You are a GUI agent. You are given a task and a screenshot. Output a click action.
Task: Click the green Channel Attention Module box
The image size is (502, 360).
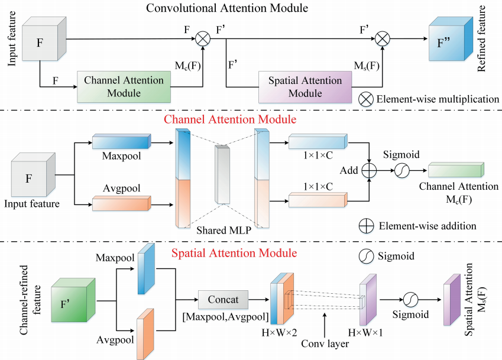[x=124, y=87]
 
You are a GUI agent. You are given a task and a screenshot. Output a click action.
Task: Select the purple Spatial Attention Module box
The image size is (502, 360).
[x=305, y=87]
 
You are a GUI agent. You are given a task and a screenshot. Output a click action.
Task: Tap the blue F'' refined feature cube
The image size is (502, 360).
[x=451, y=39]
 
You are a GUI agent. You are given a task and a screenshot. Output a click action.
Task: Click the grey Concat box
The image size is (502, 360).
[x=223, y=300]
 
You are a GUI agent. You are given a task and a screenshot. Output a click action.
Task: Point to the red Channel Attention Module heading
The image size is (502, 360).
[x=230, y=119]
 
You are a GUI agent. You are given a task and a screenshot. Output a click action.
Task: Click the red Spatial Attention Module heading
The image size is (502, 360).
[x=234, y=253]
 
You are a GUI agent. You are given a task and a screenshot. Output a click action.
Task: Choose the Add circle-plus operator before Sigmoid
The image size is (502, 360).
[x=369, y=170]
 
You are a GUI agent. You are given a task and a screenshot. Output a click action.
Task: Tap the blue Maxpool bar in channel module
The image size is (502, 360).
[x=121, y=141]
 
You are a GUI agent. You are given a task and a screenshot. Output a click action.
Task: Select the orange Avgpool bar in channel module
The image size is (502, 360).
[x=121, y=203]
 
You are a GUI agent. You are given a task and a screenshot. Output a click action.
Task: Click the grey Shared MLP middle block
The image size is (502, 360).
[x=222, y=174]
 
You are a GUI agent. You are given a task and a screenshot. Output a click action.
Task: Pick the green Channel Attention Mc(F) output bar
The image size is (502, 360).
[x=456, y=170]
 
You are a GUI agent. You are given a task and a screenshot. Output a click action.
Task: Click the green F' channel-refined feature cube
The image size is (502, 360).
[x=73, y=300]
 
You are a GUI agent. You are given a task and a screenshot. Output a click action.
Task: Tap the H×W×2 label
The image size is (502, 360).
[x=279, y=333]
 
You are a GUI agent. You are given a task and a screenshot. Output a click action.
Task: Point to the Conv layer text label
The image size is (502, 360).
[x=325, y=343]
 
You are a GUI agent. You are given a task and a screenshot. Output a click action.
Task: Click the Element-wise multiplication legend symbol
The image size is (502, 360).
[x=365, y=99]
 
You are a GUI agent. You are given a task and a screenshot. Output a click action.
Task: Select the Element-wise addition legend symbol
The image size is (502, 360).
[x=366, y=226]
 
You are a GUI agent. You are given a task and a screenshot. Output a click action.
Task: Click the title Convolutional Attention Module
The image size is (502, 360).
[x=227, y=8]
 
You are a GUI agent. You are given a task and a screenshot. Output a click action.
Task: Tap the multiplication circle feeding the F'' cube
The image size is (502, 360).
[x=382, y=39]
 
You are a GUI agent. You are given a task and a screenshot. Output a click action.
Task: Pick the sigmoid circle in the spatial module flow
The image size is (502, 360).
[x=410, y=300]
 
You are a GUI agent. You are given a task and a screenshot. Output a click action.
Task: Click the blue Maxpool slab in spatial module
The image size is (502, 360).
[x=146, y=268]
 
